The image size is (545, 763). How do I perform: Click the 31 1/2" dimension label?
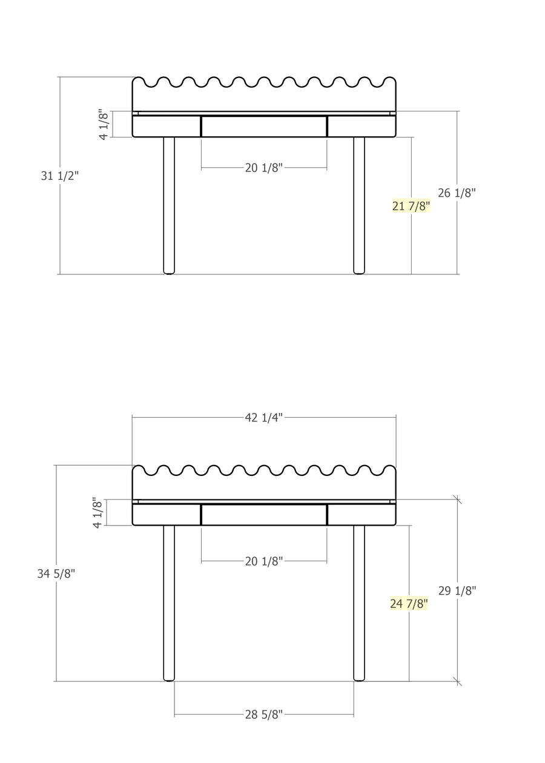[x=59, y=176]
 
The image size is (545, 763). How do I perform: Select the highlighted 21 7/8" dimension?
[x=411, y=206]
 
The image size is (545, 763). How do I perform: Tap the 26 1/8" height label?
[x=457, y=193]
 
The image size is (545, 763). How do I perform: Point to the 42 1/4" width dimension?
[x=263, y=418]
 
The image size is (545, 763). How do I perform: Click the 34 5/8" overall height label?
[x=56, y=573]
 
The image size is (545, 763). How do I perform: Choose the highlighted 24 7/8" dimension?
[x=409, y=604]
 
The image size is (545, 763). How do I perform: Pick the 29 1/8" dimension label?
[x=457, y=590]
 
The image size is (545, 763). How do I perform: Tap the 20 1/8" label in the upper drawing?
[x=263, y=168]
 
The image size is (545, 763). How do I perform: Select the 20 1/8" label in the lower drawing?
[x=263, y=561]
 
